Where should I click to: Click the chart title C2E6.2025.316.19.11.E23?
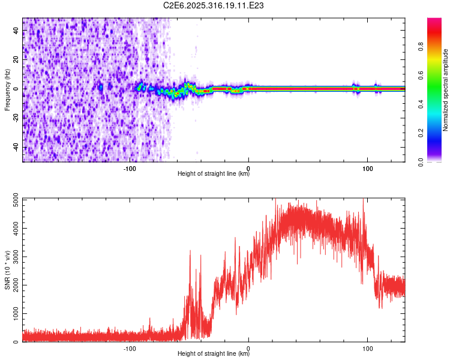[214, 5]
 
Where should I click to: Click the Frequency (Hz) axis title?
[7, 89]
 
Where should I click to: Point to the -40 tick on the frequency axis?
[15, 147]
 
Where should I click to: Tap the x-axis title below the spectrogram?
[214, 175]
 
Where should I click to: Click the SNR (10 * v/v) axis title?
[7, 270]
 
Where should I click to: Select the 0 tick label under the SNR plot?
[248, 349]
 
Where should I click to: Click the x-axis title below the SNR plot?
[214, 355]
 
